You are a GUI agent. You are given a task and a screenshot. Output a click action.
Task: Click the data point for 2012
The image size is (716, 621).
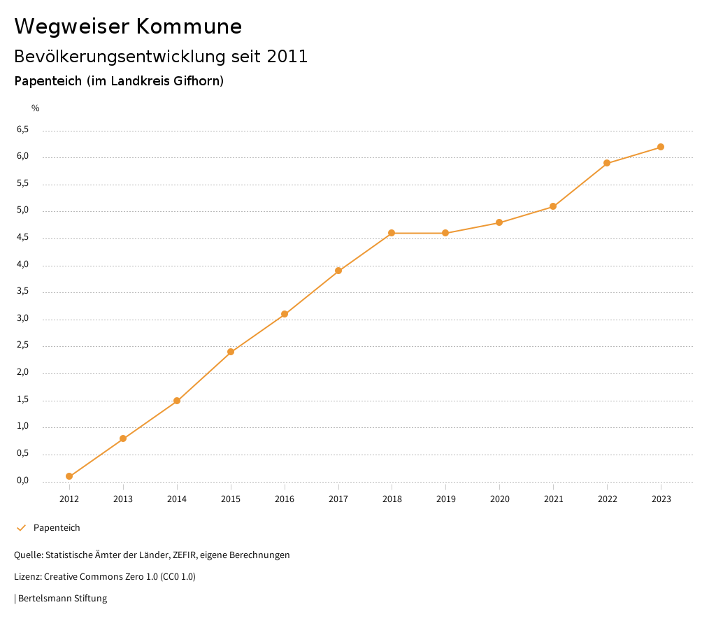pyautogui.click(x=69, y=476)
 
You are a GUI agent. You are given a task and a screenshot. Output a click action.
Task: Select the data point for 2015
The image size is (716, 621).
pyautogui.click(x=231, y=352)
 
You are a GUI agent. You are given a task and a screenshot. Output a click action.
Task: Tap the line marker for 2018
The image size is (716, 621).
pyautogui.click(x=392, y=233)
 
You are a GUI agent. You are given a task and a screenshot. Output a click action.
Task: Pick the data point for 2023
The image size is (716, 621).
pyautogui.click(x=661, y=147)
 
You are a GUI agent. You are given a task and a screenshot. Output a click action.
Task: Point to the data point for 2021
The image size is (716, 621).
pyautogui.click(x=553, y=206)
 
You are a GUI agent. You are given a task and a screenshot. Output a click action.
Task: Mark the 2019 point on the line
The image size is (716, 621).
pyautogui.click(x=445, y=233)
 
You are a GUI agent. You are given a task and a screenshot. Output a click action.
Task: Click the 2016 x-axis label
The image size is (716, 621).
pyautogui.click(x=285, y=499)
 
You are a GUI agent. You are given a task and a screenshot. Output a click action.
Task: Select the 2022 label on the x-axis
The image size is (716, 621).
pyautogui.click(x=607, y=499)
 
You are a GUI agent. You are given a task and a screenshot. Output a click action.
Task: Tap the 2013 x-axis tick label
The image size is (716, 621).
pyautogui.click(x=123, y=499)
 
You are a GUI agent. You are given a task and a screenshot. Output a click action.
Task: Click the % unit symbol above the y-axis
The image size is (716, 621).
pyautogui.click(x=36, y=108)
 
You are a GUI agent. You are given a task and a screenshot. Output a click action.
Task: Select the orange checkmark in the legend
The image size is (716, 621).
pyautogui.click(x=21, y=528)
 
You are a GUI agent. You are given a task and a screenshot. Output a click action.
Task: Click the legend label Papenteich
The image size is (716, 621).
pyautogui.click(x=57, y=528)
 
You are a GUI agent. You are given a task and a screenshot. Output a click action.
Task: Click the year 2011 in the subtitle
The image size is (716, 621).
pyautogui.click(x=287, y=57)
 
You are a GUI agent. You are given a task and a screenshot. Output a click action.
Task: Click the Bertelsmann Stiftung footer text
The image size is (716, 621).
pyautogui.click(x=62, y=599)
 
